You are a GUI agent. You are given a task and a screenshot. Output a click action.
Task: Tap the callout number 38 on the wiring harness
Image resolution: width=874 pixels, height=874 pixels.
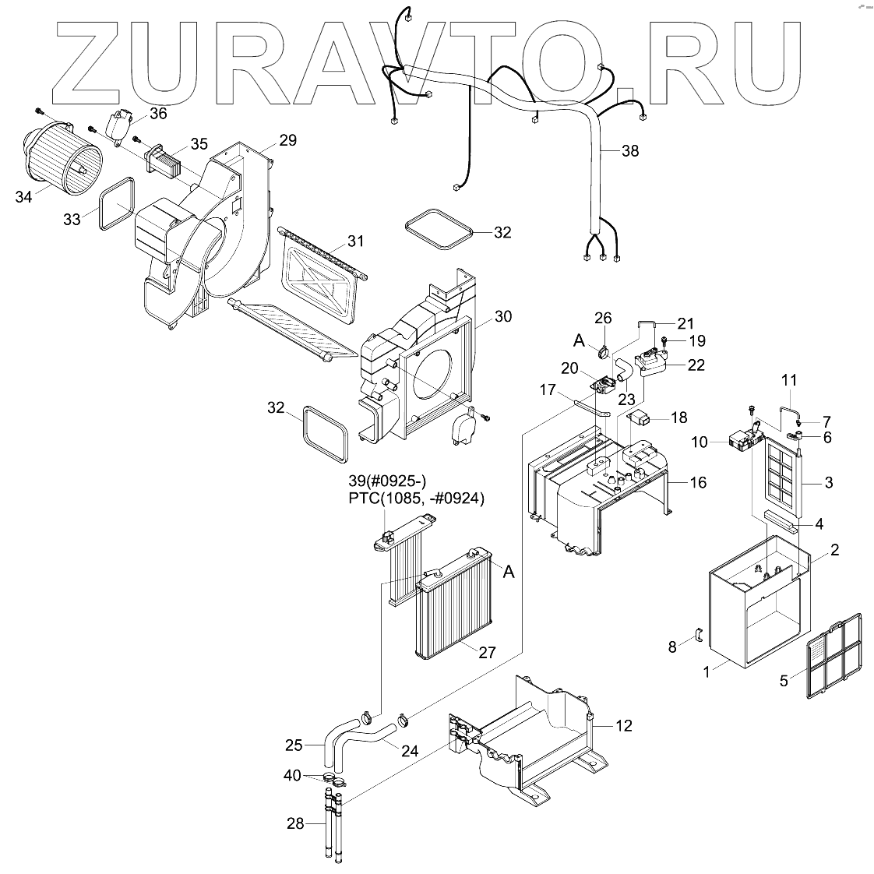tap(629, 151)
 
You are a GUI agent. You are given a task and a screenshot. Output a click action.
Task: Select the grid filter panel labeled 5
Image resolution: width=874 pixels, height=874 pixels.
tap(834, 654)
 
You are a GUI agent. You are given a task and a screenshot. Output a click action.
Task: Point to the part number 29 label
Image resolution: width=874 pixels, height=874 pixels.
tap(287, 140)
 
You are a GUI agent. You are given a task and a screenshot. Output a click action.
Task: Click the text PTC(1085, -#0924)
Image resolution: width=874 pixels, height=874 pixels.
tap(416, 499)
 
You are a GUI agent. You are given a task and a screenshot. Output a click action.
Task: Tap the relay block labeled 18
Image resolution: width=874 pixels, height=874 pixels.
tap(640, 417)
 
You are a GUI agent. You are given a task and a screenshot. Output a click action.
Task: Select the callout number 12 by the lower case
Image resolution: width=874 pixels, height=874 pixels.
tap(623, 726)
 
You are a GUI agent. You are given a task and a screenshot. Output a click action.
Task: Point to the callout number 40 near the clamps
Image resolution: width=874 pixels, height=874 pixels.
tap(292, 775)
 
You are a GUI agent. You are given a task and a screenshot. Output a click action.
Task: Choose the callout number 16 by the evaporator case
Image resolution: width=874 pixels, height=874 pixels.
tap(697, 482)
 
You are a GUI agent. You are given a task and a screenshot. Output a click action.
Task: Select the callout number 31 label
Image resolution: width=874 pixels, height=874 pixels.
tap(355, 241)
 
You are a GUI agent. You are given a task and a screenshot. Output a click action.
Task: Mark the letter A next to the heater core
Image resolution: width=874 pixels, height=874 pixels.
tap(509, 573)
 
